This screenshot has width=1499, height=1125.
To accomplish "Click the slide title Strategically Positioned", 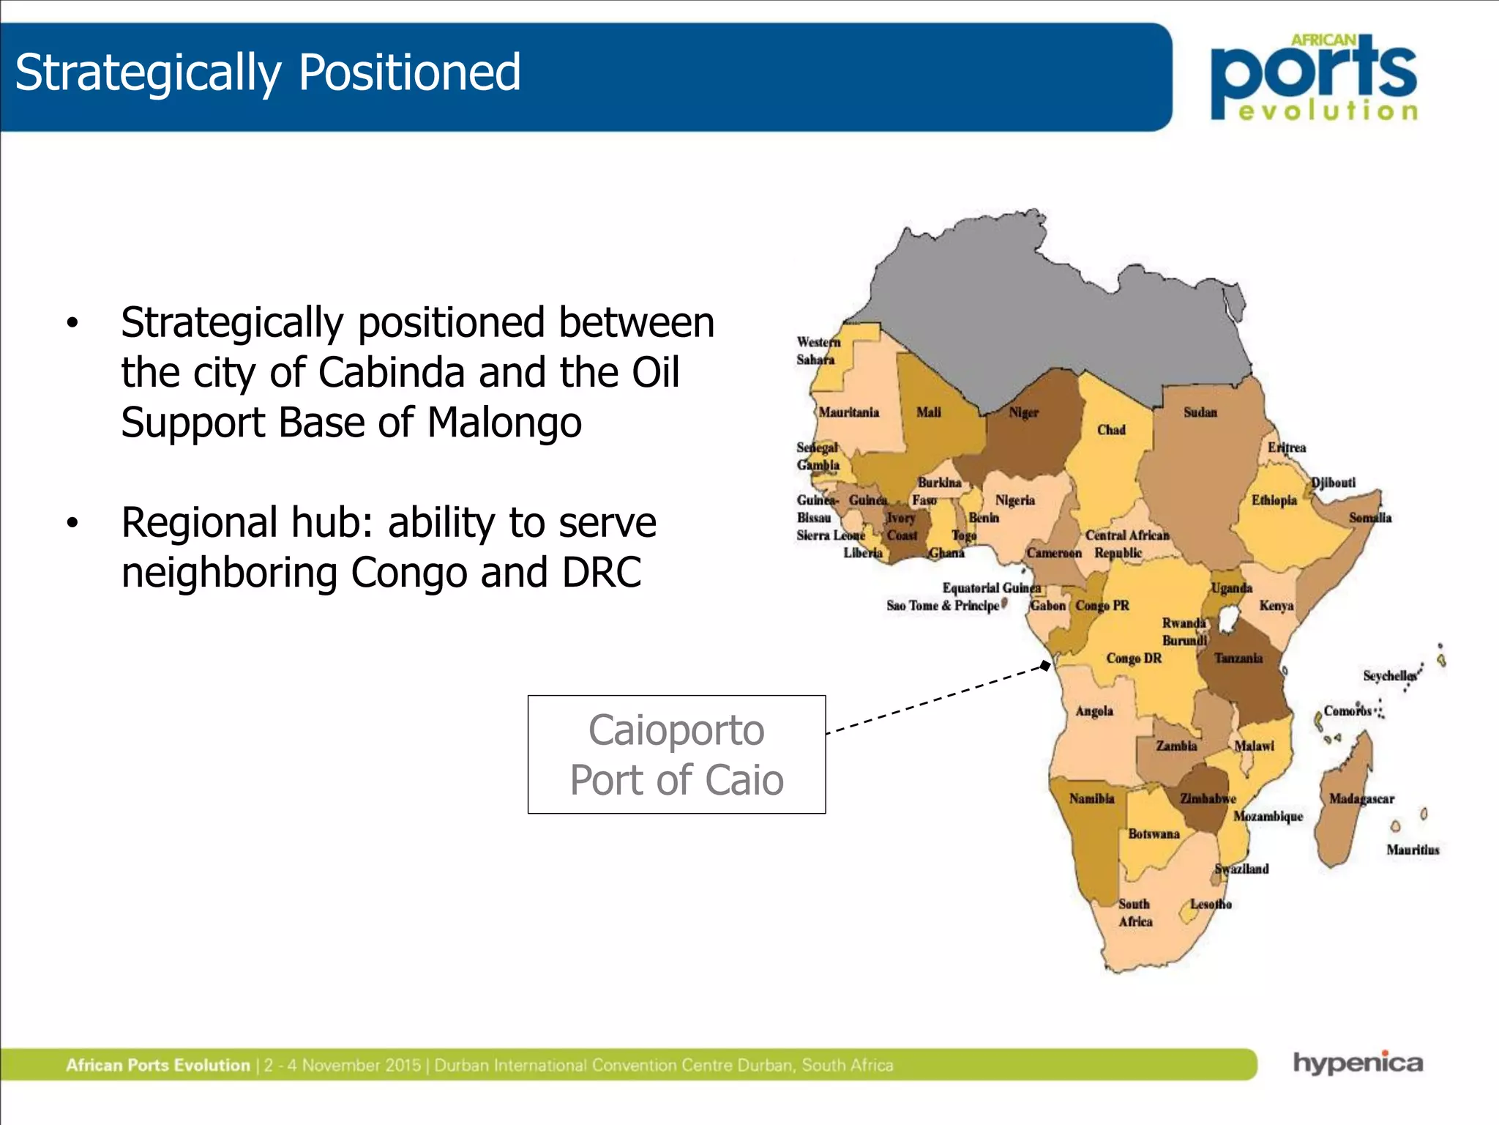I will pyautogui.click(x=267, y=73).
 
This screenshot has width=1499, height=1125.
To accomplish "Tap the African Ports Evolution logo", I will pyautogui.click(x=1315, y=78).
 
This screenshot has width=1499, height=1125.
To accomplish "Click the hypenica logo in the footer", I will pyautogui.click(x=1358, y=1062).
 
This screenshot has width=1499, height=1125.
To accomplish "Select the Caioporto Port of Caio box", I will pyautogui.click(x=676, y=754).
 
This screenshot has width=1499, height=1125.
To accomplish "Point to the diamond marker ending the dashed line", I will pyautogui.click(x=1046, y=666).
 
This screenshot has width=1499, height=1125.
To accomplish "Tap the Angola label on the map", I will pyautogui.click(x=1094, y=711).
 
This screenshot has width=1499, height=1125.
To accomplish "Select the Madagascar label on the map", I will pyautogui.click(x=1361, y=799).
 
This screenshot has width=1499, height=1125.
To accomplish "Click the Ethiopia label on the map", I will pyautogui.click(x=1274, y=500).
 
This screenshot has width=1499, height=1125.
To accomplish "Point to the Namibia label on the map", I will pyautogui.click(x=1091, y=798).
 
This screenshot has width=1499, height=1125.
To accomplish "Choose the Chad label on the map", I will pyautogui.click(x=1111, y=430).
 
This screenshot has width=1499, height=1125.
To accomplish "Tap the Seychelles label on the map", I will pyautogui.click(x=1388, y=675).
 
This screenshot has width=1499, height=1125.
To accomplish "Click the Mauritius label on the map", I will pyautogui.click(x=1413, y=850).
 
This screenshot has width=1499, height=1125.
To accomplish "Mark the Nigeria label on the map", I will pyautogui.click(x=1014, y=500).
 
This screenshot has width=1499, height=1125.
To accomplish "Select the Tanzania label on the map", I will pyautogui.click(x=1238, y=658).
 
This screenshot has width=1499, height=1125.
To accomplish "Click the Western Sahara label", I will pyautogui.click(x=818, y=351).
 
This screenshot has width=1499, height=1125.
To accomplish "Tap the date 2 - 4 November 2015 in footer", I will pyautogui.click(x=343, y=1065).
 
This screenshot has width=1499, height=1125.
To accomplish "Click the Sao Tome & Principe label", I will pyautogui.click(x=943, y=606).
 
